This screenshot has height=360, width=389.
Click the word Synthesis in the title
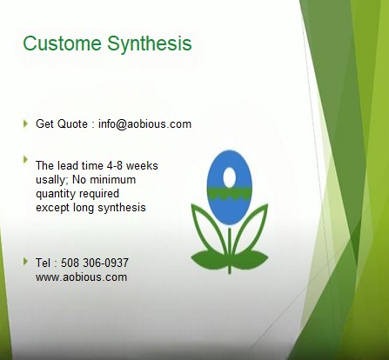148,43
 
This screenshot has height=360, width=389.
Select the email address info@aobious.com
144,124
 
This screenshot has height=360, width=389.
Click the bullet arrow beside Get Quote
25,123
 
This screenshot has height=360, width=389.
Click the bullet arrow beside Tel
25,260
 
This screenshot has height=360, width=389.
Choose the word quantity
57,194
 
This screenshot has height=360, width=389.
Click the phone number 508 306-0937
96,263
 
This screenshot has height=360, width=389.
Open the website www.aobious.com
81,277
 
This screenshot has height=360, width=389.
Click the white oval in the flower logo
230,177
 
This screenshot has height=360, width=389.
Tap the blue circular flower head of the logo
230,187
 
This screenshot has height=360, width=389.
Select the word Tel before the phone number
44,263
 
